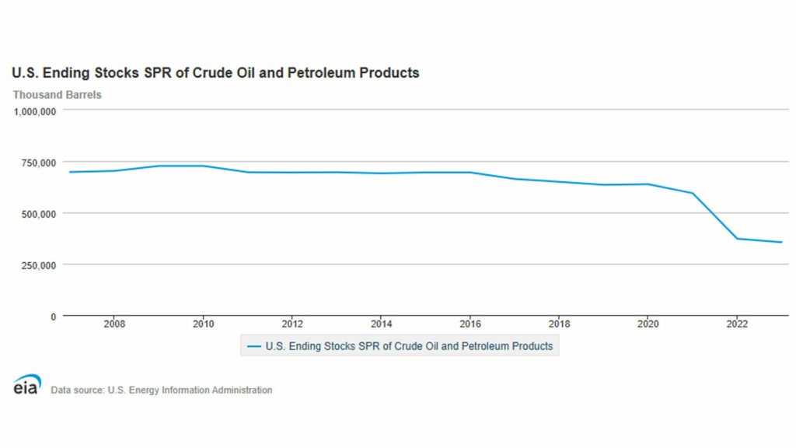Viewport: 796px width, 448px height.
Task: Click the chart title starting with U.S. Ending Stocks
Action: click(x=215, y=73)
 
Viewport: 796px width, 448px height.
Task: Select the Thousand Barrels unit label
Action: click(x=57, y=95)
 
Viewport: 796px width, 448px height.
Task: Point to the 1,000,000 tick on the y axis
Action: click(x=34, y=110)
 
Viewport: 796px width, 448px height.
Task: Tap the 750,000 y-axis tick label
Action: click(x=38, y=162)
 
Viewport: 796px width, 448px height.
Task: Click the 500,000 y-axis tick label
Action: click(x=38, y=213)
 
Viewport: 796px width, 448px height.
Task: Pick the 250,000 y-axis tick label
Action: click(x=38, y=264)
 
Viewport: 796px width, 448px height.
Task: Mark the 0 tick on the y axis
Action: click(x=53, y=316)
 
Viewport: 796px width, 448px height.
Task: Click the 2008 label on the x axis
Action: click(x=114, y=324)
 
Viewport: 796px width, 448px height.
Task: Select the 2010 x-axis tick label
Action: click(x=203, y=324)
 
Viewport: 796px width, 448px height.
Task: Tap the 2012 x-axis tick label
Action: click(x=292, y=324)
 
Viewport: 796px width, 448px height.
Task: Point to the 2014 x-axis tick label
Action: click(x=381, y=324)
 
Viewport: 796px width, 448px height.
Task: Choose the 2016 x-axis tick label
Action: click(x=470, y=324)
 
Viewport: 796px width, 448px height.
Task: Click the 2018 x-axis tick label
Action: click(x=559, y=324)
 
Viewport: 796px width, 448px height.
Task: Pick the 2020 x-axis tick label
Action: click(x=648, y=324)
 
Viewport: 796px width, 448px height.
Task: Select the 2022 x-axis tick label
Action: click(x=737, y=324)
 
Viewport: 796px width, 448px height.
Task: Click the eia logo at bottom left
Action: click(x=27, y=385)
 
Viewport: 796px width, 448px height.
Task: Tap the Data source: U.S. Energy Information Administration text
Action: click(x=162, y=390)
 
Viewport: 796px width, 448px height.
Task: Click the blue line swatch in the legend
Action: click(x=253, y=346)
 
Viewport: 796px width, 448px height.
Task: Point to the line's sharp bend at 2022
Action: click(x=737, y=239)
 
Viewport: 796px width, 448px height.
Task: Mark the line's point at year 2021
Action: click(x=693, y=193)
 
